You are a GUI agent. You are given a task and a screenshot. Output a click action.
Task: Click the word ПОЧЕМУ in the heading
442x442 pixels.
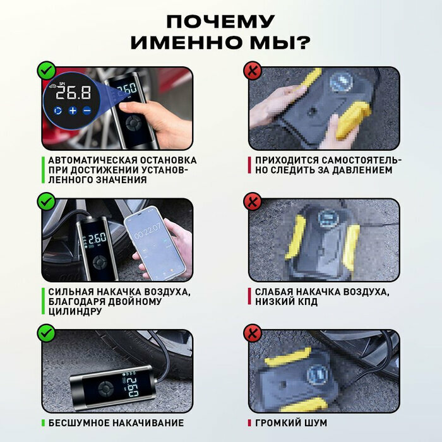tap(220, 21)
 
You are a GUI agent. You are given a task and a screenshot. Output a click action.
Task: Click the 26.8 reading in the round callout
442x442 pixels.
tap(73, 93)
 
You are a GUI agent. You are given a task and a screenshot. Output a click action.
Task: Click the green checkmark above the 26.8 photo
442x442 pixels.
tap(46, 71)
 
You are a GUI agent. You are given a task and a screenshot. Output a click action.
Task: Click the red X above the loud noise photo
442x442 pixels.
tap(253, 333)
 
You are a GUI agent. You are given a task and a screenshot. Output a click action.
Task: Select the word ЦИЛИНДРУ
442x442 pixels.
tap(75, 311)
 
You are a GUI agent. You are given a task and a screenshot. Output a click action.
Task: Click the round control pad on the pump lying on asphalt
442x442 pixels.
tap(105, 389)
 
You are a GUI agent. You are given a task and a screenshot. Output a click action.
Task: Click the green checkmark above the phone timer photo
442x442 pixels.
tap(46, 201)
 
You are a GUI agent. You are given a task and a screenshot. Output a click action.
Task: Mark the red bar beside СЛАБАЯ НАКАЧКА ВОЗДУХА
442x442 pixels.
tap(249, 296)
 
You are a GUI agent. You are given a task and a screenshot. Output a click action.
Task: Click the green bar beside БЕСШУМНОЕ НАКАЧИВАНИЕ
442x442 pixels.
tap(43, 423)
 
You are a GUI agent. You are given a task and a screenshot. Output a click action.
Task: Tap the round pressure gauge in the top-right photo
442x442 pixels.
tap(340, 81)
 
